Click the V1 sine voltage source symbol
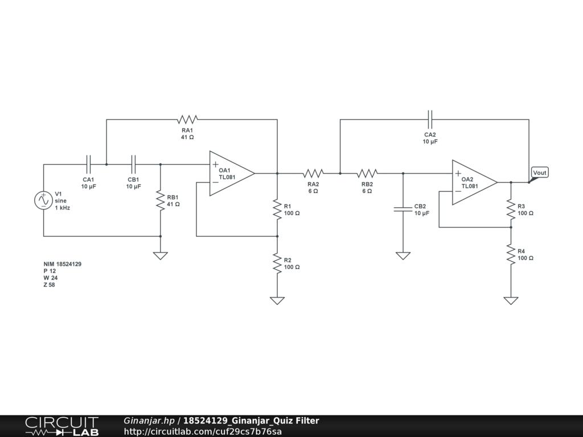point(44,200)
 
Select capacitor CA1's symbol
point(88,164)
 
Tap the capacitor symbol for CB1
point(134,164)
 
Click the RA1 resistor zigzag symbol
point(187,119)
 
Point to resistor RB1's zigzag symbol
point(161,200)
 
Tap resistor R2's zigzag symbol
point(277,263)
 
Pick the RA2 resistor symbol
point(313,173)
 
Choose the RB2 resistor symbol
point(367,173)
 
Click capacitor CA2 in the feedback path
point(430,119)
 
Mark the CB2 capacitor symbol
point(403,209)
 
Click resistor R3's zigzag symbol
point(511,209)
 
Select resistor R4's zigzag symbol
point(511,254)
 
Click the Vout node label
point(539,172)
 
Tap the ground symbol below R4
point(511,300)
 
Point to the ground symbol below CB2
point(403,255)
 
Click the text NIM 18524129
point(63,264)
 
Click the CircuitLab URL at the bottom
point(203,431)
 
